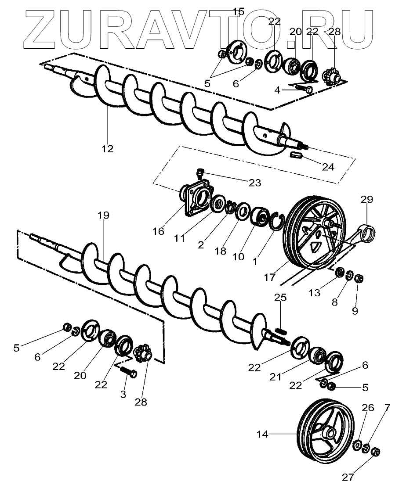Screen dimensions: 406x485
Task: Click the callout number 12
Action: coord(107,149)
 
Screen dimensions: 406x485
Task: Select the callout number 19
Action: coord(104,215)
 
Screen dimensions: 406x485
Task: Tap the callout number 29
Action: coord(367,200)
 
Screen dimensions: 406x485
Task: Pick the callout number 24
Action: coord(328,167)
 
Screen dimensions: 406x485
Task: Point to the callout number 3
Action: coord(123,394)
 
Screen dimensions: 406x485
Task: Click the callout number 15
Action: coord(238,12)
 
